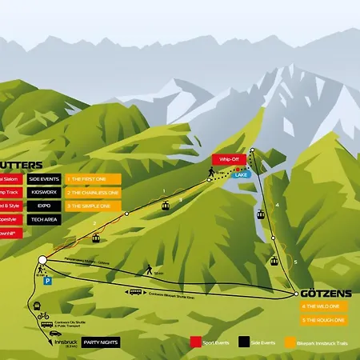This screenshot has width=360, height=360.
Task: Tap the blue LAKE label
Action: pyautogui.click(x=241, y=174)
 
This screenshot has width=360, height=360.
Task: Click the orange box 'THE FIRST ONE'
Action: pyautogui.click(x=92, y=179)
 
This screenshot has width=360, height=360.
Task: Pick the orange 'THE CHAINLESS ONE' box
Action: pyautogui.click(x=92, y=193)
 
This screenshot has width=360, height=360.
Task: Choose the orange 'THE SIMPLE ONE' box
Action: pyautogui.click(x=92, y=206)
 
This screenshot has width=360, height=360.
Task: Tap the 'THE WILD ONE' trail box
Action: pyautogui.click(x=323, y=306)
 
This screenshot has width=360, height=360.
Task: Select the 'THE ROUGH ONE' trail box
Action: pyautogui.click(x=323, y=319)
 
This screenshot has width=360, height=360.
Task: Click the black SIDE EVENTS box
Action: pyautogui.click(x=45, y=179)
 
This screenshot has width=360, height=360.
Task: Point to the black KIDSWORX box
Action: pyautogui.click(x=45, y=193)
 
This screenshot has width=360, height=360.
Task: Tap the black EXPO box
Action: pyautogui.click(x=45, y=206)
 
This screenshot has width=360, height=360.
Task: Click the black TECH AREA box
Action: pyautogui.click(x=45, y=218)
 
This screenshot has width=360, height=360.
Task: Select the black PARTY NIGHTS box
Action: pyautogui.click(x=101, y=342)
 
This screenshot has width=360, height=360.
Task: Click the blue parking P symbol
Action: pyautogui.click(x=48, y=282)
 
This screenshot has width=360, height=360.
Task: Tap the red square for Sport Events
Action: pyautogui.click(x=194, y=342)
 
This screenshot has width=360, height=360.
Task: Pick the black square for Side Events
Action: pyautogui.click(x=243, y=342)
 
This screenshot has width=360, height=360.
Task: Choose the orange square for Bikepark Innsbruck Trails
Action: pyautogui.click(x=290, y=342)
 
